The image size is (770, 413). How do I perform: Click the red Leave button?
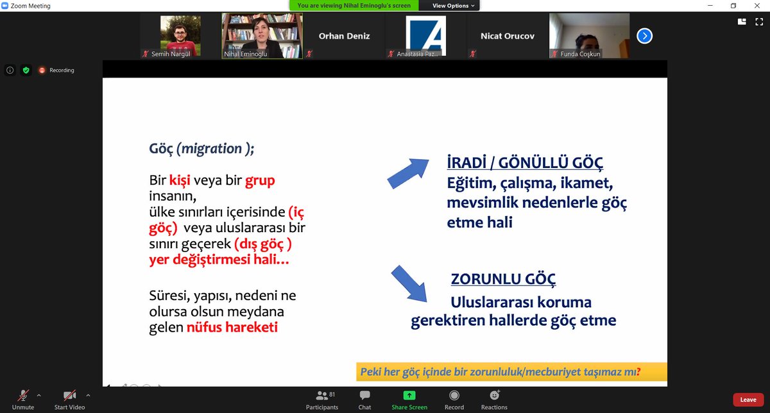[x=748, y=400]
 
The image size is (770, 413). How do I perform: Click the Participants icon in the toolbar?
[x=322, y=396]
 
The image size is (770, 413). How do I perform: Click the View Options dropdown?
[x=454, y=6]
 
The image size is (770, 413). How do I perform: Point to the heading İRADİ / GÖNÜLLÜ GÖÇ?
[x=525, y=162]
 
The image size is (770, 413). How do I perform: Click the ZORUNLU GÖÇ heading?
[x=503, y=279]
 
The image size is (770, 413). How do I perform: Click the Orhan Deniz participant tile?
[x=345, y=36]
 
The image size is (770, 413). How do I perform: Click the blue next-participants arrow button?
[x=644, y=36]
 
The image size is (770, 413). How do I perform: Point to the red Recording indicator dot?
[x=42, y=71]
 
